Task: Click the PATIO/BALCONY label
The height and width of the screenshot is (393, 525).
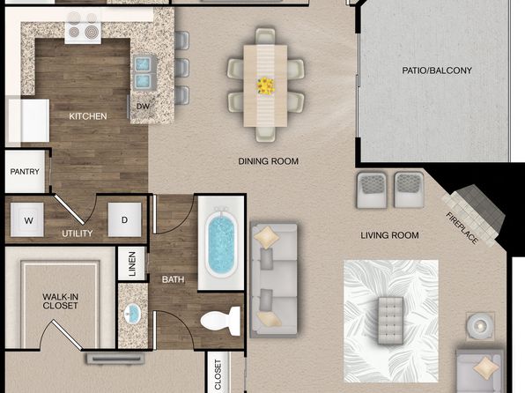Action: [437, 70]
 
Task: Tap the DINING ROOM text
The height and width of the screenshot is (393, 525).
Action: [268, 161]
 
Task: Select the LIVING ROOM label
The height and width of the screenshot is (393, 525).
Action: [389, 235]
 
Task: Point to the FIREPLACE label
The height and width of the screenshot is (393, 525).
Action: [462, 228]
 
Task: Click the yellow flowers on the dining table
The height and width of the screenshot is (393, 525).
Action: [266, 85]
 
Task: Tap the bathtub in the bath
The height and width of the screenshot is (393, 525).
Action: [221, 243]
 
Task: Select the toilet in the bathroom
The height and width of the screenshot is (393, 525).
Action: [220, 321]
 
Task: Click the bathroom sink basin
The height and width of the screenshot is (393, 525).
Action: [132, 314]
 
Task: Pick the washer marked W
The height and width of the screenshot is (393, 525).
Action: [27, 219]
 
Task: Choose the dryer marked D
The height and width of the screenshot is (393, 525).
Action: [124, 219]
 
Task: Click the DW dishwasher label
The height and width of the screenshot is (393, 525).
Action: [143, 107]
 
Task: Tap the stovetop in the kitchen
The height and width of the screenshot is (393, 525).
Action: [83, 30]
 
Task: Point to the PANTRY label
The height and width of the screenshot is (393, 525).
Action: [25, 172]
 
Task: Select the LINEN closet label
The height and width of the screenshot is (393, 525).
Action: [132, 264]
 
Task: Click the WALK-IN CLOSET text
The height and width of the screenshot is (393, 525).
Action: [60, 300]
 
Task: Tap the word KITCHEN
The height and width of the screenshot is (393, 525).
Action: [88, 116]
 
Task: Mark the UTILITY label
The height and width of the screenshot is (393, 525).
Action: [78, 234]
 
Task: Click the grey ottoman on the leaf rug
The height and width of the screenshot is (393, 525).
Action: [390, 320]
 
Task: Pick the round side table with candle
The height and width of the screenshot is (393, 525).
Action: [480, 325]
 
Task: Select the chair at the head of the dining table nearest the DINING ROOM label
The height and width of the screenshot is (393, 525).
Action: [265, 134]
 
